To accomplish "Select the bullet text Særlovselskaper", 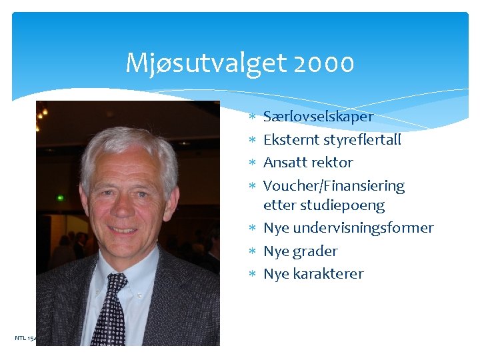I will [x=318, y=117].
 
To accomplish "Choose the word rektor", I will [x=331, y=162].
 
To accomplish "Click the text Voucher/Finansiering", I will [x=334, y=185].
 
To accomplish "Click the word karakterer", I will [x=328, y=273].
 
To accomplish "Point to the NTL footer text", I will [x=25, y=338].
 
